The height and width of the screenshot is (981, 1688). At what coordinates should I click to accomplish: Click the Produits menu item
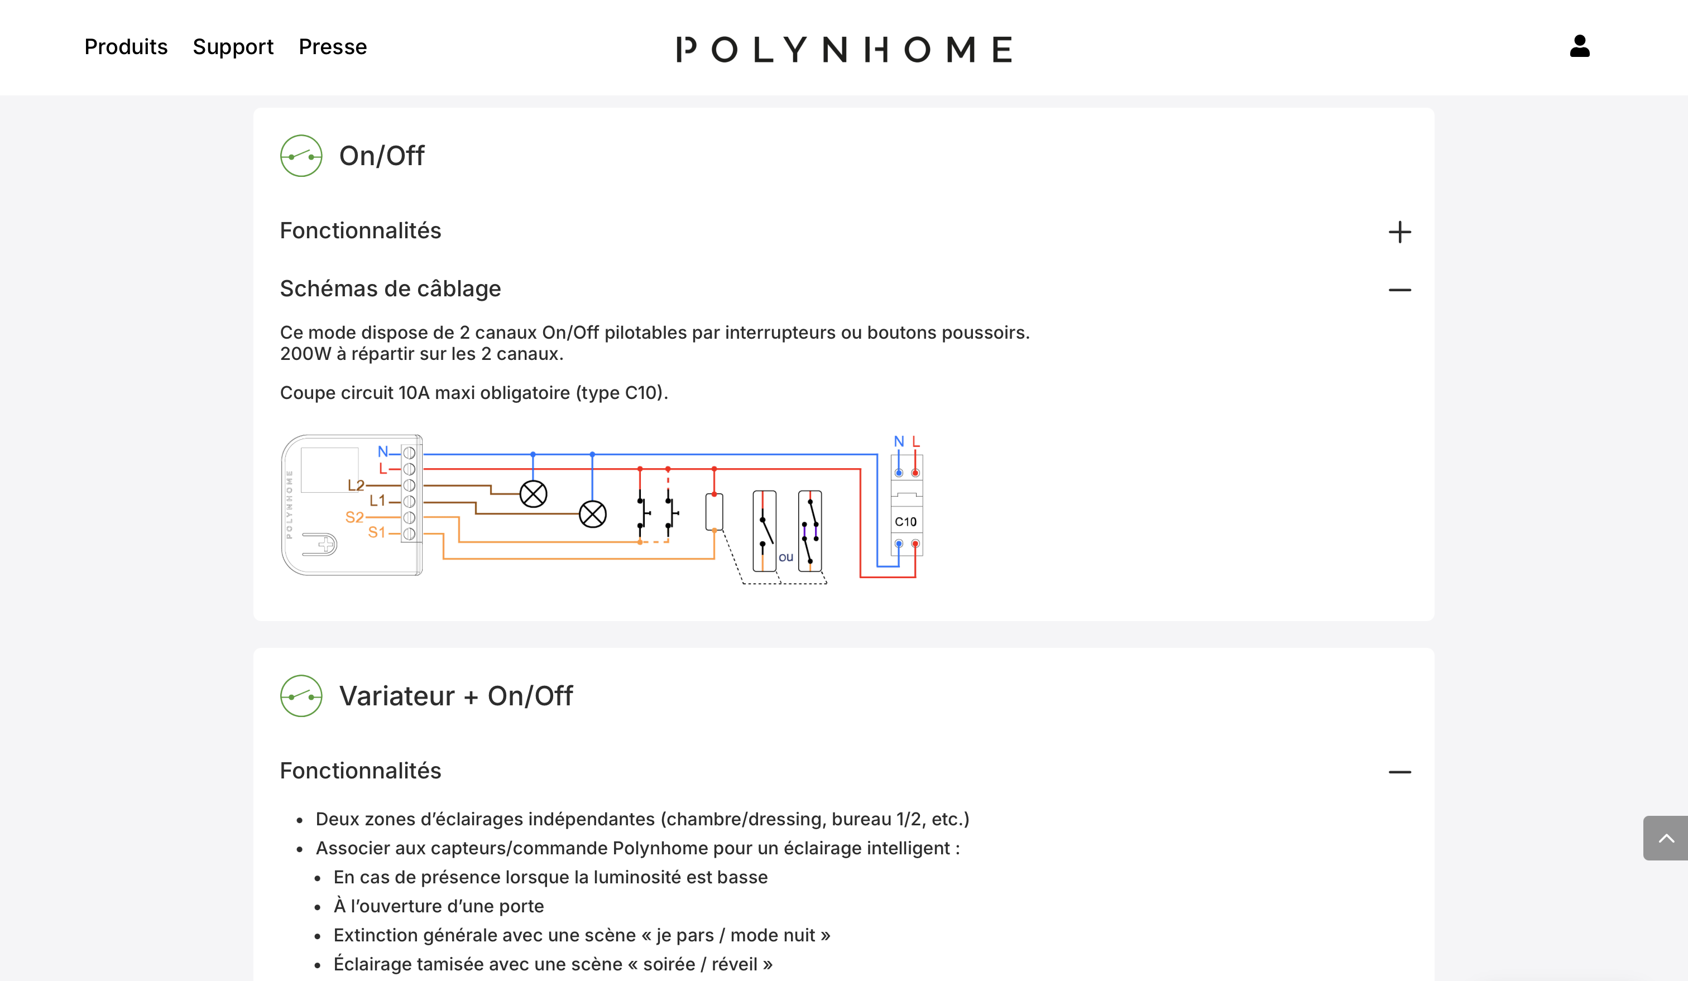126,47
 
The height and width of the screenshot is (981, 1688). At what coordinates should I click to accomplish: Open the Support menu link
233,47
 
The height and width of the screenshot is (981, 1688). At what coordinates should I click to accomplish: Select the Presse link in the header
332,47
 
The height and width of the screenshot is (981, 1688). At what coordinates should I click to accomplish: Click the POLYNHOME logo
844,49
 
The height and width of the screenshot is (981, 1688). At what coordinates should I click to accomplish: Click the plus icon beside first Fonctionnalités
1399,232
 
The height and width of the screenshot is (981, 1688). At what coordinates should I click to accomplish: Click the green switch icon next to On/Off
301,156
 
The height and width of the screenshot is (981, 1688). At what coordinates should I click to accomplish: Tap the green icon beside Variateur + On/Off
301,696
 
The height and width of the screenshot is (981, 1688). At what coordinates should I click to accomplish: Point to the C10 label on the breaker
905,522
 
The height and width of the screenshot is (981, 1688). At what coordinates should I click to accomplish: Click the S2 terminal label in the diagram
354,517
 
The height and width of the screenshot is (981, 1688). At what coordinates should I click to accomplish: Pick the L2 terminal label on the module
356,485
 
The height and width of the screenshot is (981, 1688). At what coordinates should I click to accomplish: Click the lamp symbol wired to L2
533,494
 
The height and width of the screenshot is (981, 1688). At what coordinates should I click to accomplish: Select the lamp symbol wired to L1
592,514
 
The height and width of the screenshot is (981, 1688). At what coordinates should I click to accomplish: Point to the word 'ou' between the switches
786,557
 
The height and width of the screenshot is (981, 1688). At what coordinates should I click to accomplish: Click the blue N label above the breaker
898,442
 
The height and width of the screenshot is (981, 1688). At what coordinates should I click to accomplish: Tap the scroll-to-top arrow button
1665,838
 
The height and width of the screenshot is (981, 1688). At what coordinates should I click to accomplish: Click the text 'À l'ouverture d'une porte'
438,906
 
